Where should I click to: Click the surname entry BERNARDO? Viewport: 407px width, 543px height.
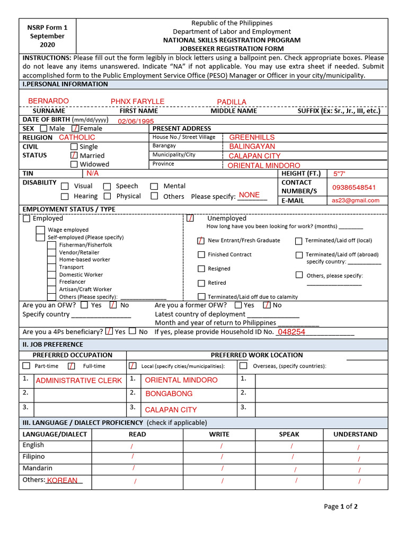pyautogui.click(x=48, y=101)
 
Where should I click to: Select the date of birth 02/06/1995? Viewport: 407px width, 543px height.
pyautogui.click(x=136, y=121)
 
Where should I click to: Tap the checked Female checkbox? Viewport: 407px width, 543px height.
pyautogui.click(x=76, y=128)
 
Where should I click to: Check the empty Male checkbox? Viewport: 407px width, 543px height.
pyautogui.click(x=43, y=128)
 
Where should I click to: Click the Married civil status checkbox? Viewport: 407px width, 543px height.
pyautogui.click(x=74, y=155)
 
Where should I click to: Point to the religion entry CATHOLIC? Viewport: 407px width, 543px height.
pyautogui.click(x=77, y=137)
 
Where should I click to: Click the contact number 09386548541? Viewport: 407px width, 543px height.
pyautogui.click(x=354, y=187)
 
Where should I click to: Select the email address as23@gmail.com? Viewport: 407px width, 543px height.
pyautogui.click(x=356, y=200)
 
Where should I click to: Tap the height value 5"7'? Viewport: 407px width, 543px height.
pyautogui.click(x=339, y=174)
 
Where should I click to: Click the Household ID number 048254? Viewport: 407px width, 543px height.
pyautogui.click(x=291, y=332)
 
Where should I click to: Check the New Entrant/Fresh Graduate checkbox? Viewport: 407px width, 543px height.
pyautogui.click(x=201, y=240)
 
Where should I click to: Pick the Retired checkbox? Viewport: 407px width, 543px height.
pyautogui.click(x=201, y=283)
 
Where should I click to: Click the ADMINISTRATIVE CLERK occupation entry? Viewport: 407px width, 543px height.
pyautogui.click(x=78, y=380)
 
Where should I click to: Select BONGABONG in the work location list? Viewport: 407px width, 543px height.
pyautogui.click(x=169, y=394)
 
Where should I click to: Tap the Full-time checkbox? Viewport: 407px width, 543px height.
pyautogui.click(x=72, y=366)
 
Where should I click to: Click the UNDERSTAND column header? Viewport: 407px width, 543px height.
pyautogui.click(x=355, y=434)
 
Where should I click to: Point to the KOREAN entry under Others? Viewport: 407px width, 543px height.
pyautogui.click(x=63, y=480)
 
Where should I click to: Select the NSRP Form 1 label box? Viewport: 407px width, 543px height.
pyautogui.click(x=47, y=36)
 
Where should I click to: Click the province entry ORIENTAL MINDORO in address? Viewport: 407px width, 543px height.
pyautogui.click(x=264, y=165)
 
